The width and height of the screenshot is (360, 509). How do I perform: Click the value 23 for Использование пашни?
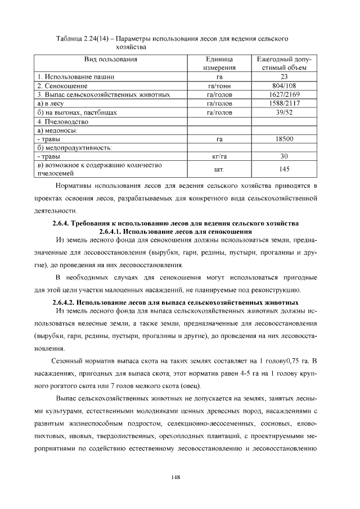(x=284, y=77)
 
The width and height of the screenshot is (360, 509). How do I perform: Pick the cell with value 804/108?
(x=284, y=86)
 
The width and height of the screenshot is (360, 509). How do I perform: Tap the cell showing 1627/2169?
(x=284, y=95)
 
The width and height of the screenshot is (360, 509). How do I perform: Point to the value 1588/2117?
(x=284, y=103)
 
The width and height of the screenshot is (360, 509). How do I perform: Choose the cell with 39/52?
(x=284, y=112)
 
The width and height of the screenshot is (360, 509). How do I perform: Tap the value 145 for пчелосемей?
(x=284, y=169)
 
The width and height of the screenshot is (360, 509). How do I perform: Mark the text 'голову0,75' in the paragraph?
(x=276, y=360)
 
